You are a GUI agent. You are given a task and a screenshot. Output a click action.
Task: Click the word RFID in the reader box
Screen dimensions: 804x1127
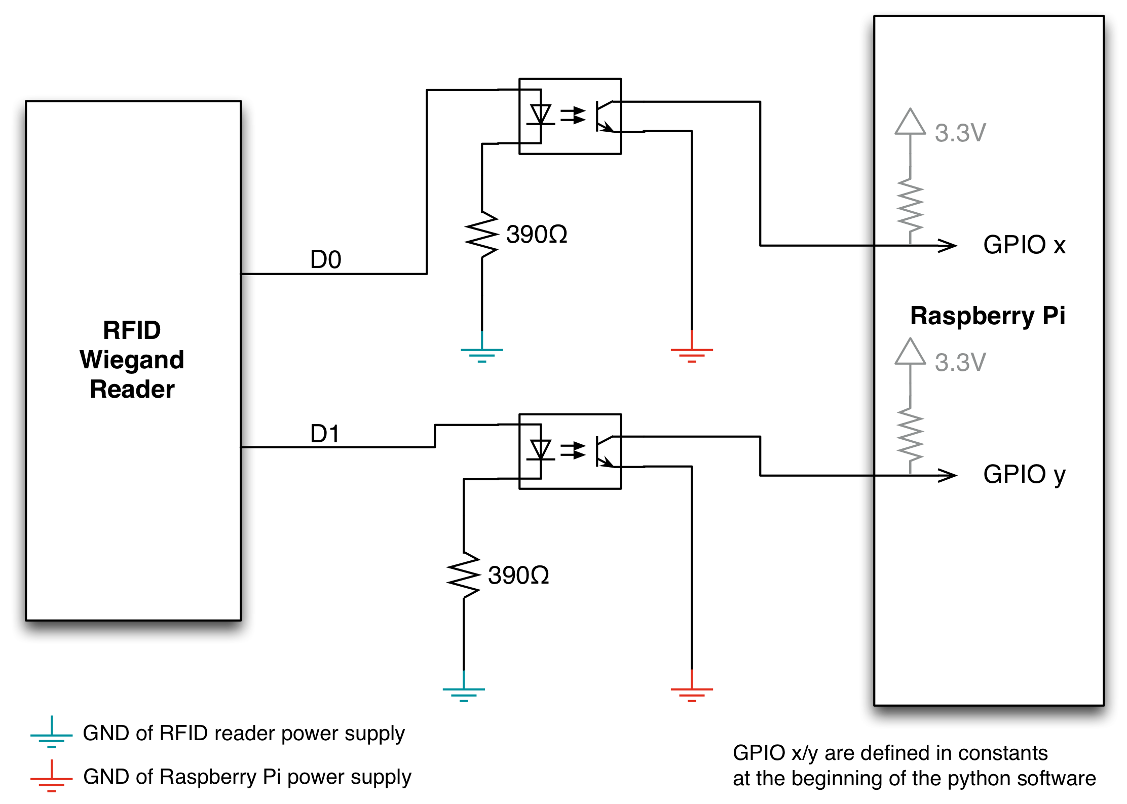click(x=132, y=331)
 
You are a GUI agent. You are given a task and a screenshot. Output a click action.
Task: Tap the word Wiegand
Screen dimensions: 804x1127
click(x=132, y=360)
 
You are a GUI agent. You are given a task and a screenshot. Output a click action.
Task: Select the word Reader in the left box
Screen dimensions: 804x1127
click(x=132, y=390)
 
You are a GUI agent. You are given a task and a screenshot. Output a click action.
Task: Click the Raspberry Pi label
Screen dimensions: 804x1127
click(x=987, y=316)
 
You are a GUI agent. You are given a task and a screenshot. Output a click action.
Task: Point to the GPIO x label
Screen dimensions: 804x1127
click(x=1024, y=245)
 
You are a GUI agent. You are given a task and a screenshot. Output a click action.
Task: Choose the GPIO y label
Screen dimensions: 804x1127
click(x=1024, y=475)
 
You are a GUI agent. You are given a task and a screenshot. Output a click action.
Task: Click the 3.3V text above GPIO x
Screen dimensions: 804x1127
click(x=960, y=133)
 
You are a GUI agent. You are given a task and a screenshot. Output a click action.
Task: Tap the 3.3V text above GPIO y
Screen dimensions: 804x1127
click(x=960, y=363)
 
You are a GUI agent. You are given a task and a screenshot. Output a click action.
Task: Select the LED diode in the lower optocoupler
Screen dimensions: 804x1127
click(x=540, y=450)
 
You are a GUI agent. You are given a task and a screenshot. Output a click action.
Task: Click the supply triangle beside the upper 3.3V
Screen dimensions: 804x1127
click(x=910, y=123)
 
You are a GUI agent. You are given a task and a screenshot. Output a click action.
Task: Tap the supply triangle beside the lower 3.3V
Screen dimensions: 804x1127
click(x=910, y=352)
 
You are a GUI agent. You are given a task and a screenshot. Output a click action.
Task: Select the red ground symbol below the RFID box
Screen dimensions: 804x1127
click(x=52, y=778)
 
